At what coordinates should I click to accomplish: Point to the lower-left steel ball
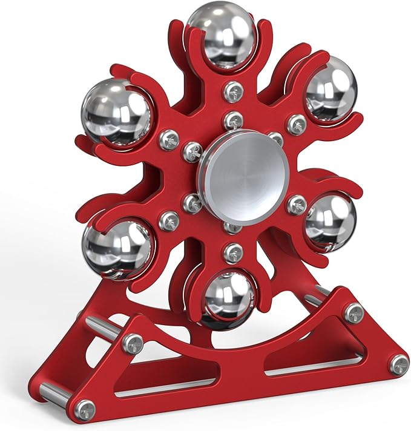pos(118,248)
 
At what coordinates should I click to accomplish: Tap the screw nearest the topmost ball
pos(233,91)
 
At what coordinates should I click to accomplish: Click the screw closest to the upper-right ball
pos(296,124)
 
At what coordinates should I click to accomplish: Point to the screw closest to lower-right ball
pos(296,204)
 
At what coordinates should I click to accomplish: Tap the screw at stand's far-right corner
pos(398,363)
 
